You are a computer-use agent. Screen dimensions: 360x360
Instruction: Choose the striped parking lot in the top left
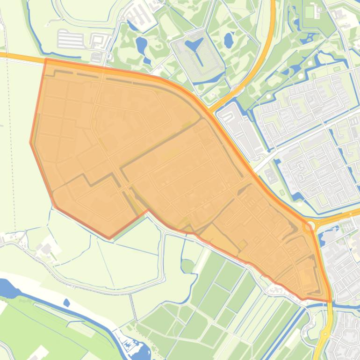point(71,39)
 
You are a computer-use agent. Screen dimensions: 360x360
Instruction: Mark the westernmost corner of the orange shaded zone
point(31,143)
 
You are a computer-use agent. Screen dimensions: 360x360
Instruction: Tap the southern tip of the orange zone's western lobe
point(109,238)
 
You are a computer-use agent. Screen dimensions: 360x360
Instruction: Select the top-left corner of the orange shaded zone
point(46,59)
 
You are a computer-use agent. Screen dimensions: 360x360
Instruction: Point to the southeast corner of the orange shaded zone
point(331,301)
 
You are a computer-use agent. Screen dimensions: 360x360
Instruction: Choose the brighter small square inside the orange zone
point(242,245)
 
